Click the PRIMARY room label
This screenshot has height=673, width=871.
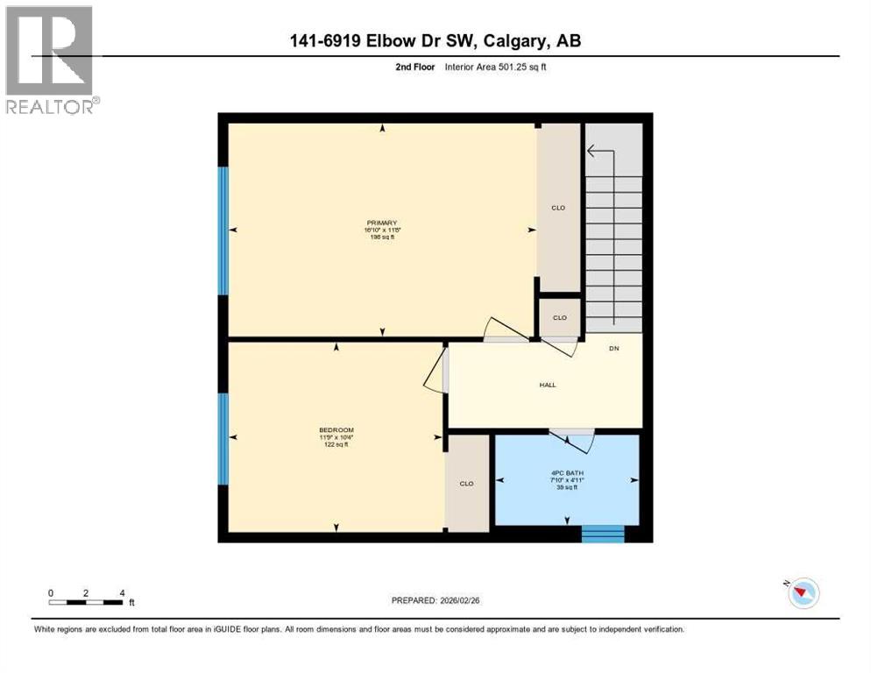click(x=381, y=223)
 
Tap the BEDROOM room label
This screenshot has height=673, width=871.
click(x=336, y=430)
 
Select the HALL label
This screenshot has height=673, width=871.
click(x=547, y=385)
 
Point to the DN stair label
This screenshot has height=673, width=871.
click(x=614, y=349)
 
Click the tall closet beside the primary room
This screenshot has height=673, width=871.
click(x=558, y=208)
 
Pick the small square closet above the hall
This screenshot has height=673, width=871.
click(x=559, y=317)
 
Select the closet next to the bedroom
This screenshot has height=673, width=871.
click(x=467, y=483)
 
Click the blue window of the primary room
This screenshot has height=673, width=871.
click(x=223, y=230)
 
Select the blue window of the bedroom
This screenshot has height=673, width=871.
click(x=223, y=438)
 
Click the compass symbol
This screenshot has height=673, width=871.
click(x=803, y=593)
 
